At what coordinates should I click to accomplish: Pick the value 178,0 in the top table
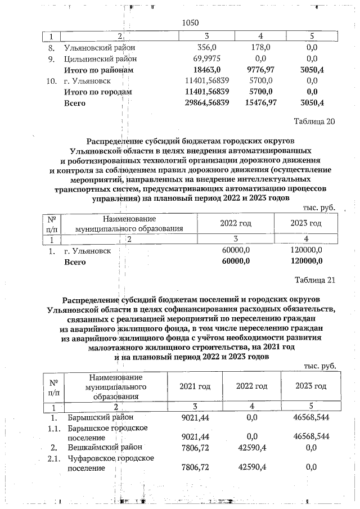pos(260,48)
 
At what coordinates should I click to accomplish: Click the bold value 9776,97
pos(260,70)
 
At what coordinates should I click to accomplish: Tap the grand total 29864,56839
pos(199,103)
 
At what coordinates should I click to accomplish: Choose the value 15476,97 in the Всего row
pos(260,103)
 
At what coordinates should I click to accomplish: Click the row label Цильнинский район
pos(100,58)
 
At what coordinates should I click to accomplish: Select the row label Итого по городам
pos(98,92)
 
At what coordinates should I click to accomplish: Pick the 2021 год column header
pos(195,386)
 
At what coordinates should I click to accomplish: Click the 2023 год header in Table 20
pos(306,223)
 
